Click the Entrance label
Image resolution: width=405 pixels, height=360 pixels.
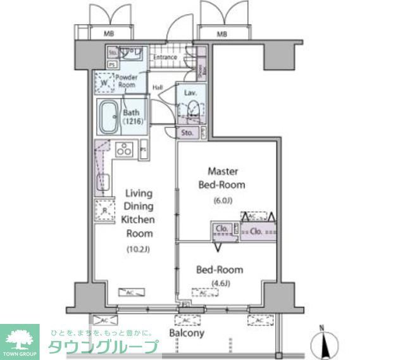coord(165,57)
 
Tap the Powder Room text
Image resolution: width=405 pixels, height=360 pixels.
coord(126,80)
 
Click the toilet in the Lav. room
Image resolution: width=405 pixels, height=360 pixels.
coord(192,112)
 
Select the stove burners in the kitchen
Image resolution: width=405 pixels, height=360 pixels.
coord(125,150)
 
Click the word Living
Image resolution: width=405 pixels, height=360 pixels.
coord(138,193)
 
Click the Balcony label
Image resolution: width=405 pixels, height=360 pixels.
coord(186,333)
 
